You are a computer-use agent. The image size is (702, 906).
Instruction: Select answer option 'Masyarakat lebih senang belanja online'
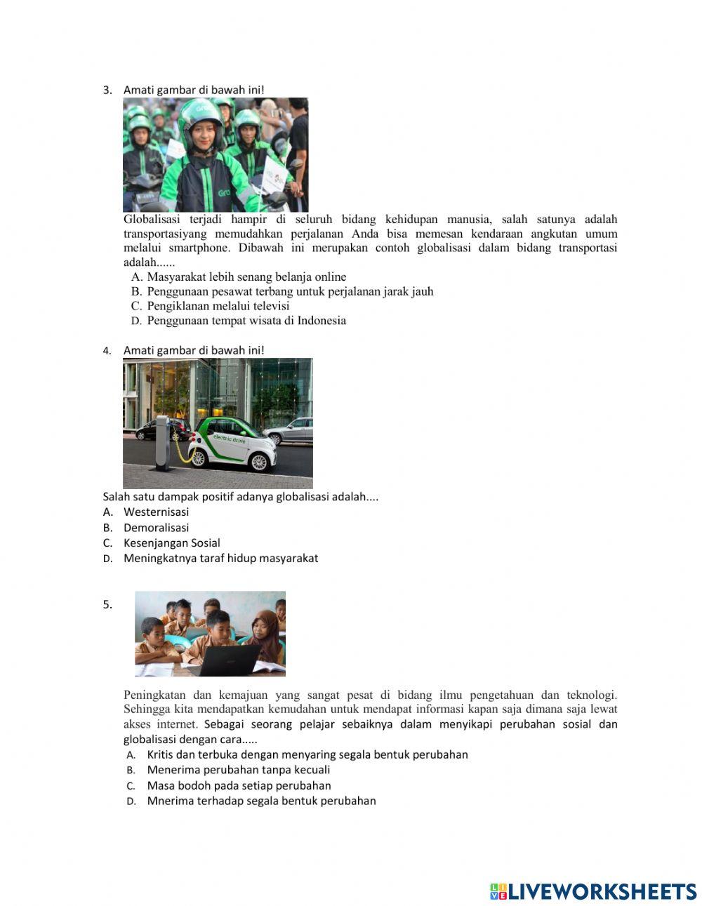pos(246,277)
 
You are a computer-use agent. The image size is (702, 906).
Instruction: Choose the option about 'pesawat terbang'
pos(289,291)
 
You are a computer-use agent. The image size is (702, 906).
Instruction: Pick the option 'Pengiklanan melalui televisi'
pos(218,306)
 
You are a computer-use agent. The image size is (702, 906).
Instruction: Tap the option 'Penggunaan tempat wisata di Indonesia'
pos(246,321)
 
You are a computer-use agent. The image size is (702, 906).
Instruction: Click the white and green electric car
pos(232,445)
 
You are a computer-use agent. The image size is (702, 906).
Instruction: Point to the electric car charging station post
pos(163,442)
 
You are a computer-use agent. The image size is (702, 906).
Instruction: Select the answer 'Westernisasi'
pos(156,512)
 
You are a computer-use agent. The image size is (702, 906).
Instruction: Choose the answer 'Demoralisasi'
pos(156,528)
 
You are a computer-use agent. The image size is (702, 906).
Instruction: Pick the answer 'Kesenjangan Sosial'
pos(171,543)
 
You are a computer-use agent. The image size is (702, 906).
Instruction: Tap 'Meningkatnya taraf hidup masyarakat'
pos(220,559)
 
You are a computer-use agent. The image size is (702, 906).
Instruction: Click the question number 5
pos(107,605)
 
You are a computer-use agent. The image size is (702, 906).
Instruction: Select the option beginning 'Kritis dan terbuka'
pos(307,755)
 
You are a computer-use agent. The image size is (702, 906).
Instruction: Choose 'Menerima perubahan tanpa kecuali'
pos(238,770)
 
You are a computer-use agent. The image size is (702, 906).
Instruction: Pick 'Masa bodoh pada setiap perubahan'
pos(239,786)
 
